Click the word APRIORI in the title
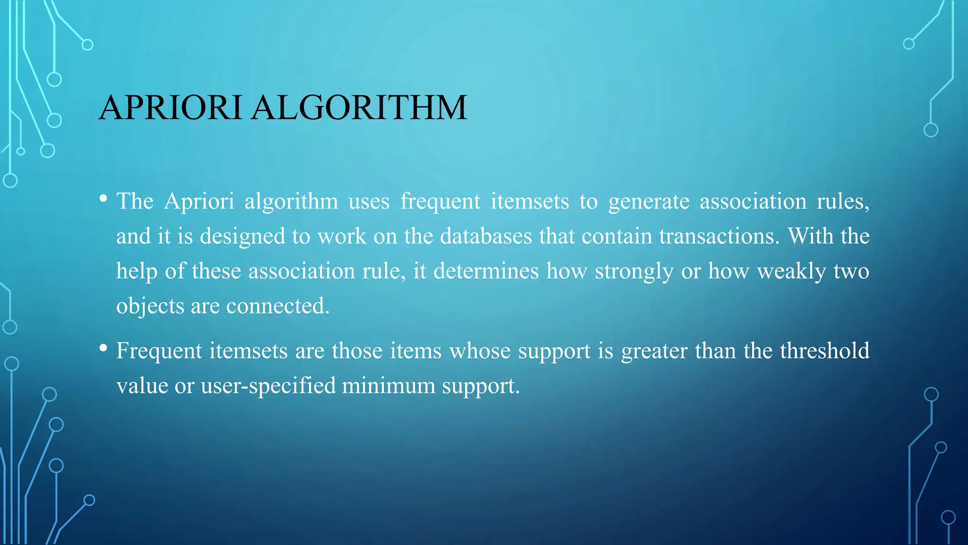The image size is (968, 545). (170, 107)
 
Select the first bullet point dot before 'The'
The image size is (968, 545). (103, 199)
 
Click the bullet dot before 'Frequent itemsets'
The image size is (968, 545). (103, 348)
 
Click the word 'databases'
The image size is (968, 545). (486, 236)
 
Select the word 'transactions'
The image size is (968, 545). (718, 236)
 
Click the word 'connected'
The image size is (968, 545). (277, 306)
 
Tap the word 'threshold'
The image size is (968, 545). (824, 351)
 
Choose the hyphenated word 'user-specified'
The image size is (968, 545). (268, 386)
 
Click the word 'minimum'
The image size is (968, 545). (389, 386)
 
